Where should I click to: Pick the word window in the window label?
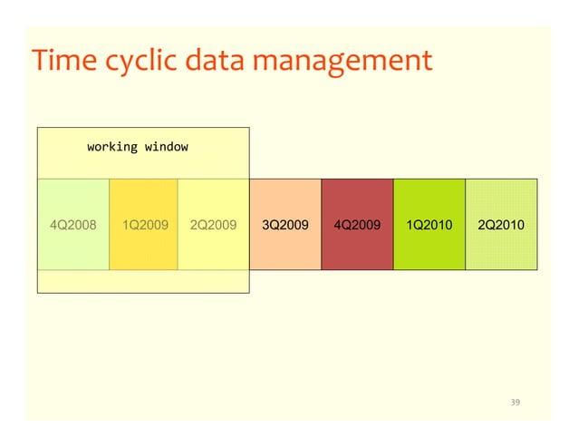(165, 145)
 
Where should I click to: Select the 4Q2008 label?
(72, 224)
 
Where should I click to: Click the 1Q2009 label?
(144, 224)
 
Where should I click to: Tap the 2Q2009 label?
(214, 224)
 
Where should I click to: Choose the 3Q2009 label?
(285, 224)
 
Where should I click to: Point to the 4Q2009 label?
(357, 224)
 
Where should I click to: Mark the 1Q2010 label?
(429, 224)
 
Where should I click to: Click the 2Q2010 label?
(500, 224)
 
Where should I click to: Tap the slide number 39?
(516, 402)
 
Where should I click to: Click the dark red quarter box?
(357, 249)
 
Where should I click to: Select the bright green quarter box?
(429, 249)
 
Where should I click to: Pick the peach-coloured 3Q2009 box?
(285, 249)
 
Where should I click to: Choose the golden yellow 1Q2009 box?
(144, 249)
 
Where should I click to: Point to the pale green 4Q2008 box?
(72, 249)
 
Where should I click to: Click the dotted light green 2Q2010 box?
(500, 249)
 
